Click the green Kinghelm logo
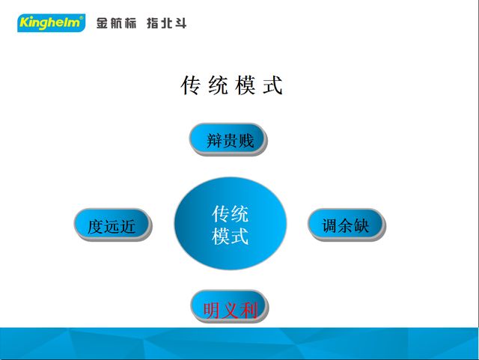tap(51, 23)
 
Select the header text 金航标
tap(118, 23)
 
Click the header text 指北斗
tap(166, 23)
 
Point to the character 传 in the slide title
tap(191, 85)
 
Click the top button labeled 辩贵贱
tap(228, 139)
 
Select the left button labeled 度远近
tap(112, 225)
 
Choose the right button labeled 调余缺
tap(346, 225)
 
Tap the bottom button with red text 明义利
tap(229, 308)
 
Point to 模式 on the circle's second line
tap(230, 237)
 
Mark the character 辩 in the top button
tap(214, 140)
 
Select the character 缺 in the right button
tap(362, 225)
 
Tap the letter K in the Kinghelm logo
tap(23, 23)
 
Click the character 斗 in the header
tap(180, 23)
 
